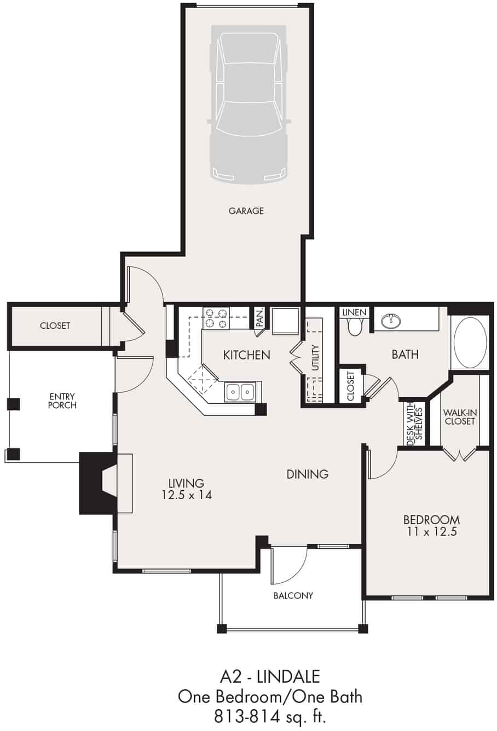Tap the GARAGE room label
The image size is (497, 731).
tap(246, 211)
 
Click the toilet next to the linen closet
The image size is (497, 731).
tap(355, 327)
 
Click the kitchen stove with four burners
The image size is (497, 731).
tap(216, 318)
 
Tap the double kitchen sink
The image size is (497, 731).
tap(240, 392)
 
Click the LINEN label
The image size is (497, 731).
tap(354, 312)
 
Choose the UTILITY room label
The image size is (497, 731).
tap(315, 358)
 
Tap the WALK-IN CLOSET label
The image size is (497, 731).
tap(460, 417)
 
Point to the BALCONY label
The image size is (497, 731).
tap(293, 595)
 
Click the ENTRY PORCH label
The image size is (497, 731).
tap(62, 401)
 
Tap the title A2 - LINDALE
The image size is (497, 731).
tap(270, 677)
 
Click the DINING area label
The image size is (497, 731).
tap(307, 474)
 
